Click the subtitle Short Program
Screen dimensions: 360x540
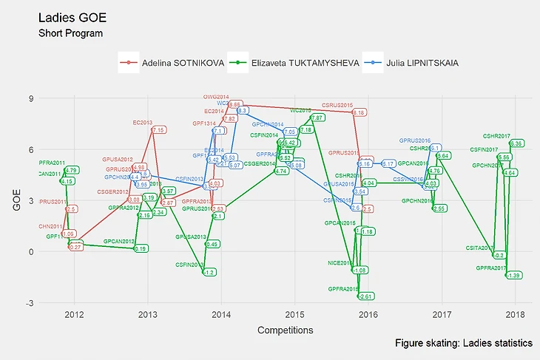click(70, 33)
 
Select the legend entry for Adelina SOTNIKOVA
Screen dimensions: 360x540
click(178, 64)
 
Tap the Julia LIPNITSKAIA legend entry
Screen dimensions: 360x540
click(417, 64)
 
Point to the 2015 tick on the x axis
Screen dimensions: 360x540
click(294, 316)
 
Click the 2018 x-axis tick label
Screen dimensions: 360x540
click(516, 316)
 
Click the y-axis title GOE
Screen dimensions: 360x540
click(16, 200)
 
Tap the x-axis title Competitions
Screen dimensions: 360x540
click(284, 330)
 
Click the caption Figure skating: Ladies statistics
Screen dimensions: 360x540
click(463, 344)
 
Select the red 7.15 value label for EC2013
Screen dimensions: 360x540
click(158, 130)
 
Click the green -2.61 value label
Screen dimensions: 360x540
click(365, 296)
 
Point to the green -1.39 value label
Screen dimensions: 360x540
click(514, 275)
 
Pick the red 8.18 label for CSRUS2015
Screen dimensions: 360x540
click(359, 112)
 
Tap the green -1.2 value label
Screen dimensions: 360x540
click(209, 273)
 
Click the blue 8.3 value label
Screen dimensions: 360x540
click(242, 110)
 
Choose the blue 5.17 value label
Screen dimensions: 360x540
click(387, 163)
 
